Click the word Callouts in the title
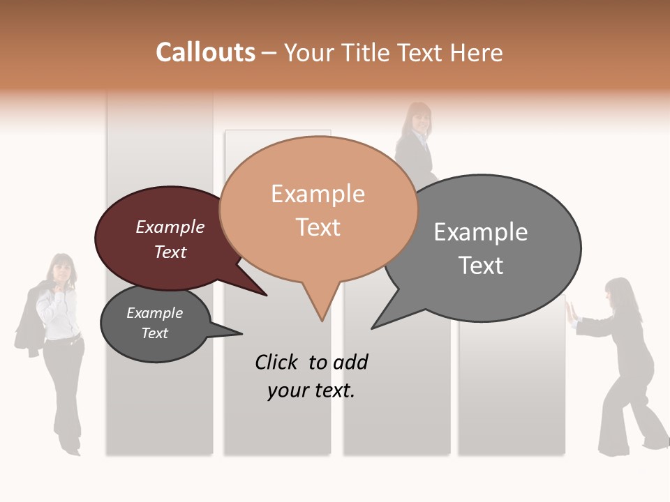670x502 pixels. click(206, 52)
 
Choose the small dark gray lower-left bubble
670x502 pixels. click(155, 323)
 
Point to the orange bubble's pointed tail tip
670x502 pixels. click(322, 321)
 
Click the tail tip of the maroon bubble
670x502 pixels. click(267, 296)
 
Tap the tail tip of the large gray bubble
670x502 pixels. click(372, 328)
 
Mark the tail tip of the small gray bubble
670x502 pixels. click(241, 333)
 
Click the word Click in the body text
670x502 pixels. click(277, 362)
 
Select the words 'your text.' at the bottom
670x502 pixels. click(311, 390)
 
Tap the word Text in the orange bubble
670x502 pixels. click(318, 227)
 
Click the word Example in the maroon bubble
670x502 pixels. click(170, 227)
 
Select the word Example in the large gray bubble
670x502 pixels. click(481, 231)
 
